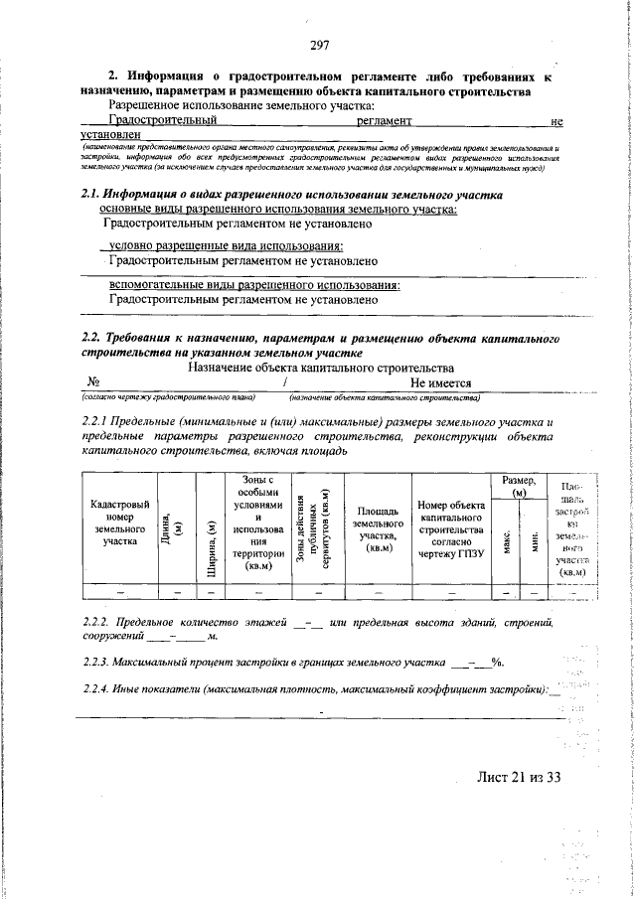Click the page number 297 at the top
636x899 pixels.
319,44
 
